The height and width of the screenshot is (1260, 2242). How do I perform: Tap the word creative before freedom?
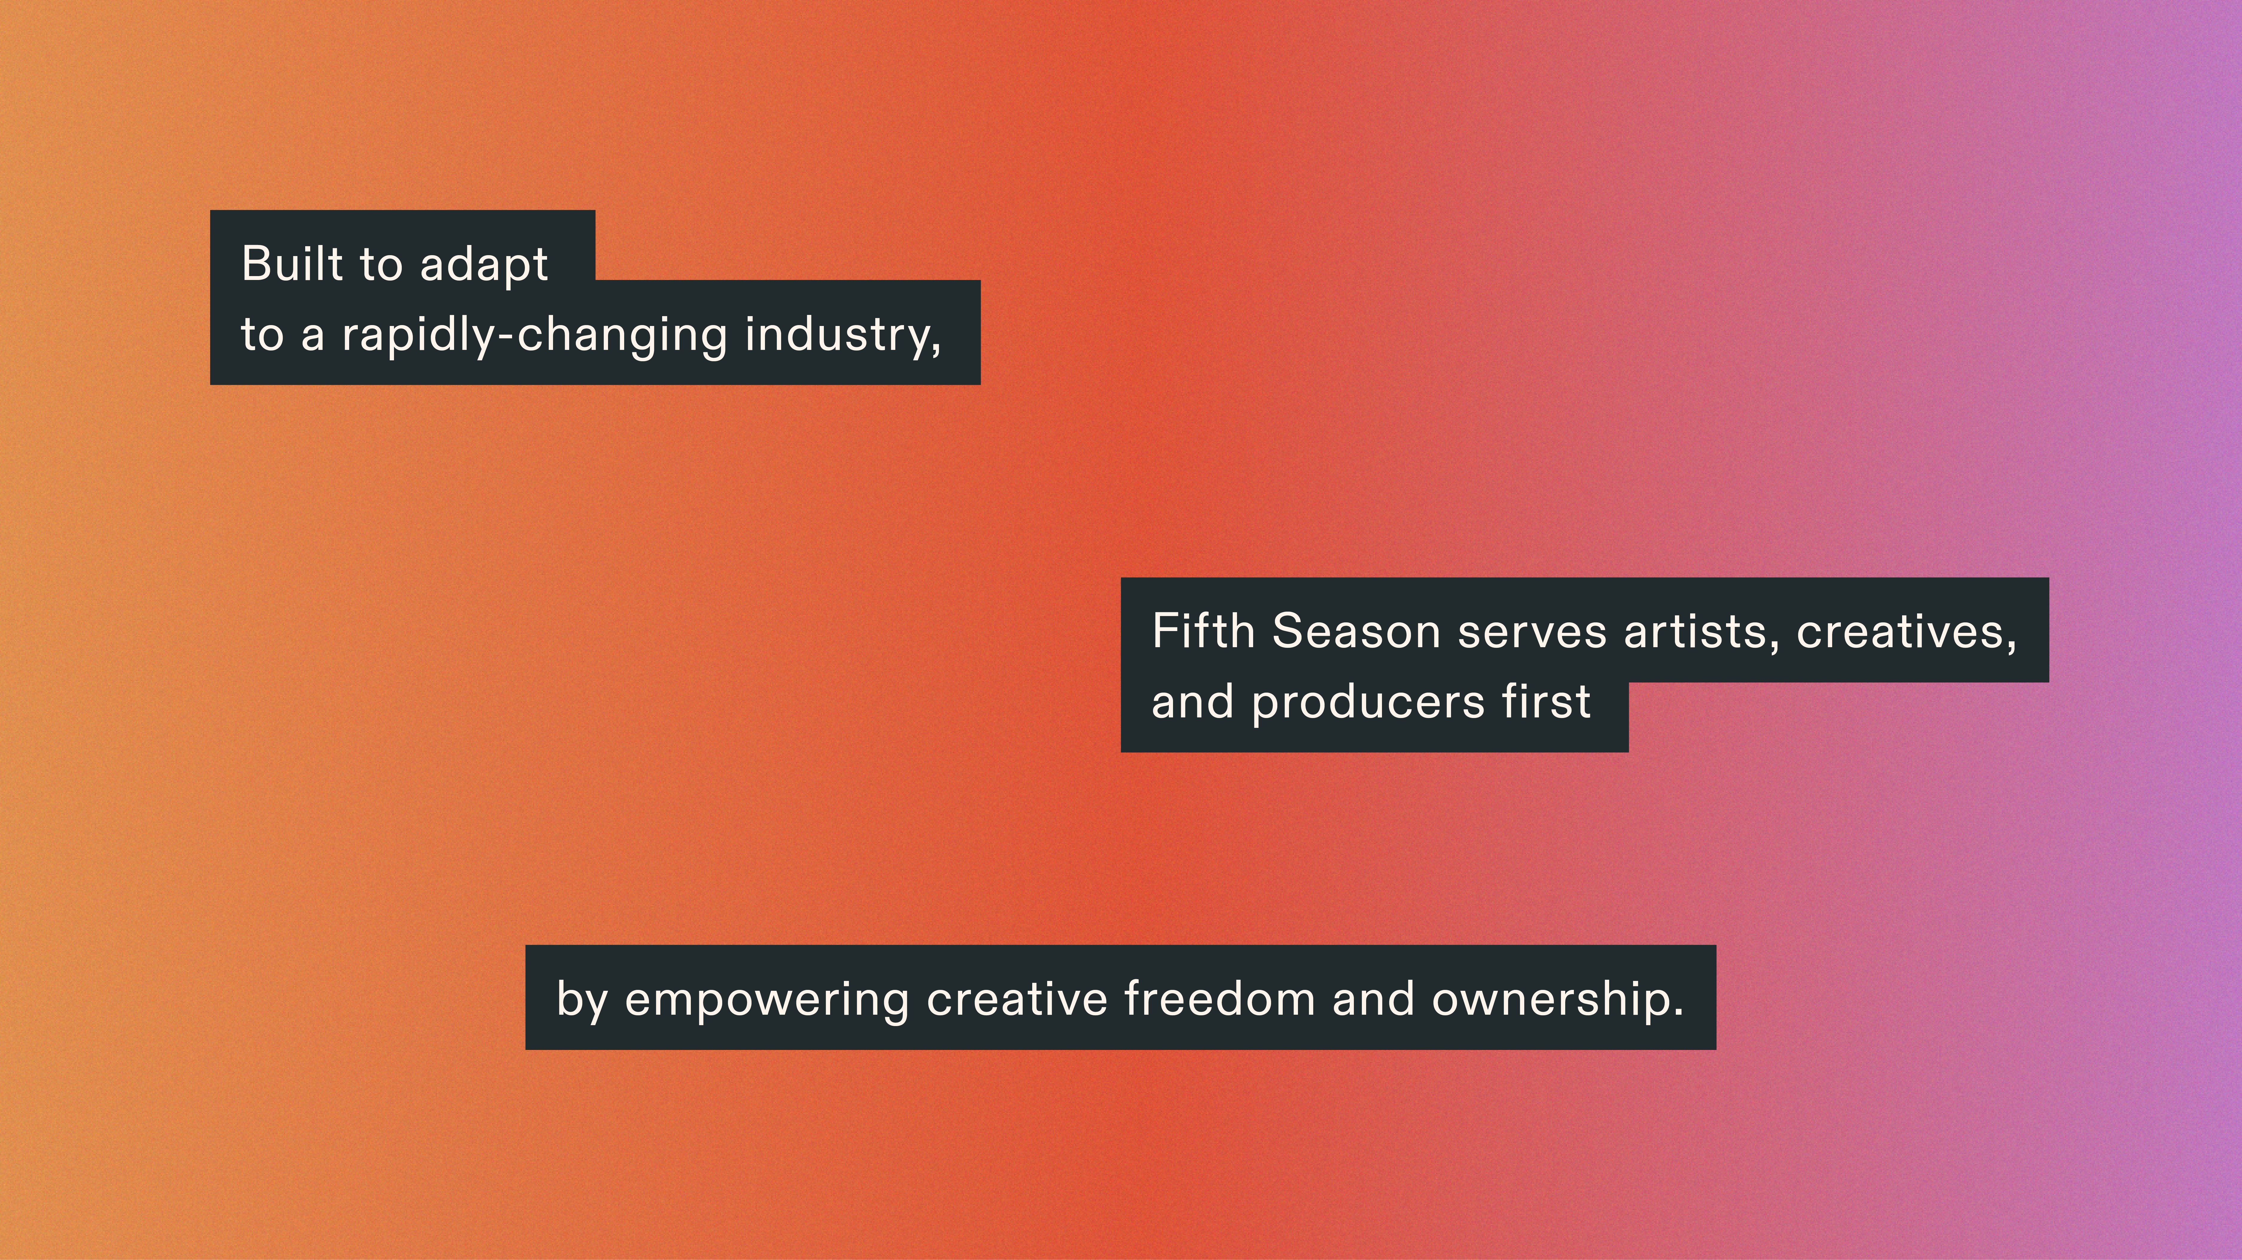coord(1017,998)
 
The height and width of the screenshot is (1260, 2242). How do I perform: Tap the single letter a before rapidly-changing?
coord(312,339)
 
